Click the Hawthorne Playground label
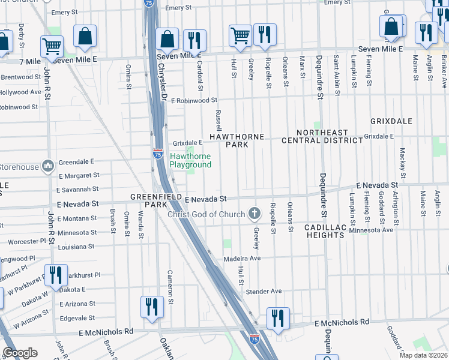click(x=190, y=160)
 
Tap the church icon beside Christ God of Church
click(x=255, y=214)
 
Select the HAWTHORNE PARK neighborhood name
click(x=237, y=140)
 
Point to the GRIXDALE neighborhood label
click(x=391, y=121)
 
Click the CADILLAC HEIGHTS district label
click(x=325, y=231)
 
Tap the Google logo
click(x=20, y=353)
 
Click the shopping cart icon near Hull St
click(x=240, y=35)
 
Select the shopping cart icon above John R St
click(x=52, y=45)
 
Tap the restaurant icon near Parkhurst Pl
click(x=56, y=275)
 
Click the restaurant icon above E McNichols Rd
click(x=278, y=318)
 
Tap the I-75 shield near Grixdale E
click(x=158, y=153)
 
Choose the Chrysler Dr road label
click(x=161, y=84)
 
